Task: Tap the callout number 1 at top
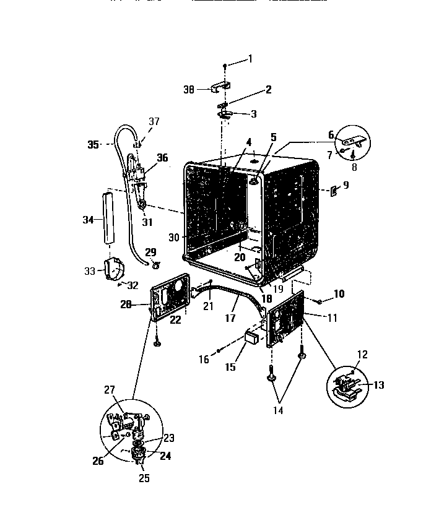tap(250, 59)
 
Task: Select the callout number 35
tap(93, 145)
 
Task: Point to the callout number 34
tap(89, 220)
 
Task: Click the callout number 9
tap(346, 185)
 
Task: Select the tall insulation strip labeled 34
tap(110, 219)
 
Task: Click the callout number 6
tap(331, 134)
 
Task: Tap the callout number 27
tap(109, 389)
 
